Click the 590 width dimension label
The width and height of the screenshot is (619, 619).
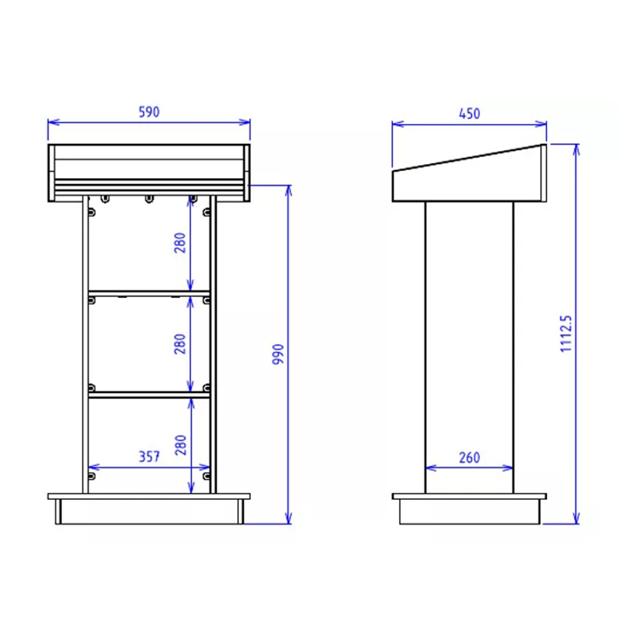[x=149, y=112]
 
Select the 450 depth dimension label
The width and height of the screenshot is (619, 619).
[x=469, y=114]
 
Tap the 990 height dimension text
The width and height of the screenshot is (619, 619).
[x=279, y=354]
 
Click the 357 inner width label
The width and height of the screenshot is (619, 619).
[x=149, y=457]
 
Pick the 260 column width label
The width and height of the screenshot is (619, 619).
[x=469, y=457]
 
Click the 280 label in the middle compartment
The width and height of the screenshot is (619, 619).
[x=180, y=344]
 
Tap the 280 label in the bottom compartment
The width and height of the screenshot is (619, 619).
[x=180, y=445]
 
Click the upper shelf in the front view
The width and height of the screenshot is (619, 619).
[x=149, y=293]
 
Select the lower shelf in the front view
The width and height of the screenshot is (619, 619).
[x=149, y=395]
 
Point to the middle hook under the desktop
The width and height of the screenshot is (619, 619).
[x=149, y=200]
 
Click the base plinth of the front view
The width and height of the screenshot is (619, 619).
[x=149, y=511]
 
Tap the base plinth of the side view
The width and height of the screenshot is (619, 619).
[x=469, y=511]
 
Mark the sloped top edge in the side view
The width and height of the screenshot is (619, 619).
[x=469, y=157]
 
